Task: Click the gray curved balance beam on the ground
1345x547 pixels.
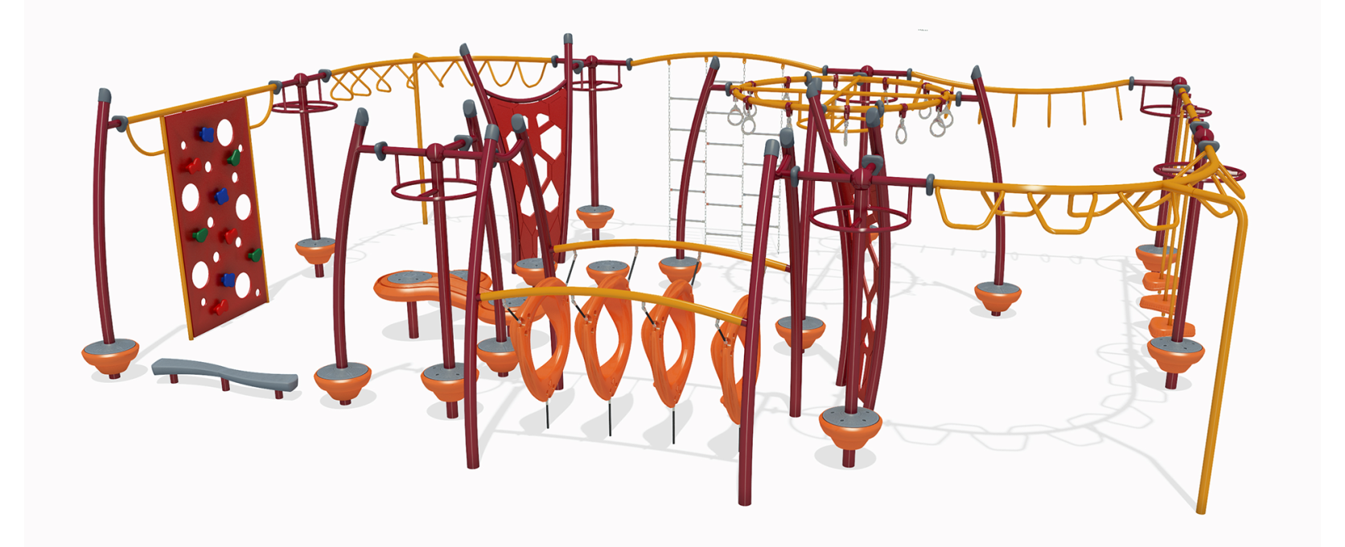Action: click(x=224, y=374)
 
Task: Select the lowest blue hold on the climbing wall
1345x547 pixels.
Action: click(x=228, y=280)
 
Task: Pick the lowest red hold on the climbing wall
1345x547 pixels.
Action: click(x=218, y=306)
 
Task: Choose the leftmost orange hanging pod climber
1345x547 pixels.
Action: click(x=541, y=338)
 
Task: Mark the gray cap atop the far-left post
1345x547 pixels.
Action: click(x=104, y=96)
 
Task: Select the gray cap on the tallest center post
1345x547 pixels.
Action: click(x=568, y=39)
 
